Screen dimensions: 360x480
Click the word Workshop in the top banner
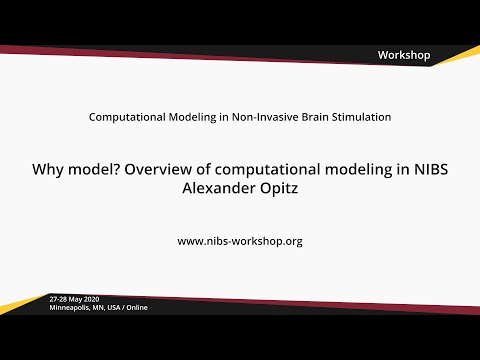coord(404,55)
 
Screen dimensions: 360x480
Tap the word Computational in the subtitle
coord(125,117)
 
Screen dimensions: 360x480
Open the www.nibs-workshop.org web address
coord(240,241)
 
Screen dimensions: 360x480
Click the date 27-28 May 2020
coord(76,299)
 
